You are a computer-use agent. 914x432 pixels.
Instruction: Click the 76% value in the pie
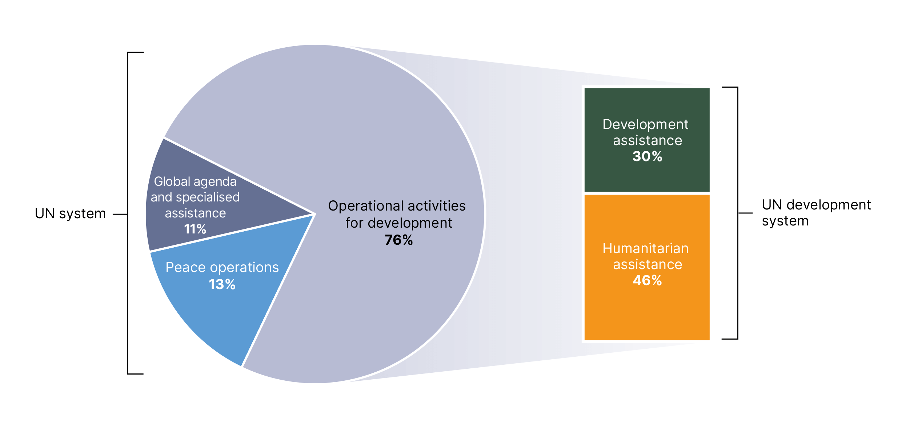399,240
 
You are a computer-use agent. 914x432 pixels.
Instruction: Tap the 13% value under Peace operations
222,284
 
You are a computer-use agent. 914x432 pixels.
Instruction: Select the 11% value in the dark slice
195,229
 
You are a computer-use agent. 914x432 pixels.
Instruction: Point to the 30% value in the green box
648,156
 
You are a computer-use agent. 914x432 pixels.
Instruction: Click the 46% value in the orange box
648,280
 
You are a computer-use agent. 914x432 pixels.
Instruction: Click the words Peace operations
222,267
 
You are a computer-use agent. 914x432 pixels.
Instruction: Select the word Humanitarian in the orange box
646,248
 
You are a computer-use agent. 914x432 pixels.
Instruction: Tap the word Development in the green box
646,125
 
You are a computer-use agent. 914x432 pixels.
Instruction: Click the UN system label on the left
70,214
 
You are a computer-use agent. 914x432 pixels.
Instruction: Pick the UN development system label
816,213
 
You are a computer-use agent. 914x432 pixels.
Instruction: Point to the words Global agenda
195,182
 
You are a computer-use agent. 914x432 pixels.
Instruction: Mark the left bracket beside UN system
128,213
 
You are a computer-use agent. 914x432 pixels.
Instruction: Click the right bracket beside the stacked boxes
738,213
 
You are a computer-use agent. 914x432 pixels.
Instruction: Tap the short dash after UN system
120,215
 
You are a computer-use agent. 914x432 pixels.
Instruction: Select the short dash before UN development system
745,213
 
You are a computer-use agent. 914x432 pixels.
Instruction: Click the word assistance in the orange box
648,265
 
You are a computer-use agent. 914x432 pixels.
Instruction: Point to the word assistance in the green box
648,141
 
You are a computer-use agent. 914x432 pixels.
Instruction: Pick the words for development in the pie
399,223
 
